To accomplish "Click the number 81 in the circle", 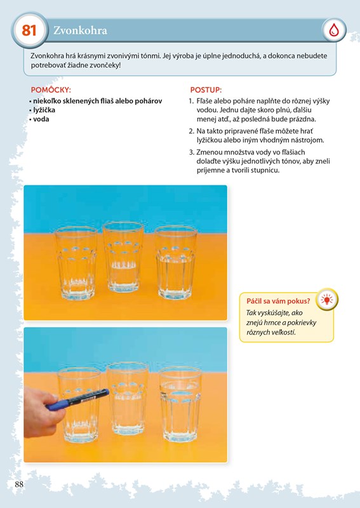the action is pyautogui.click(x=29, y=30).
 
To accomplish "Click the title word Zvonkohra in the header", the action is pyautogui.click(x=81, y=30).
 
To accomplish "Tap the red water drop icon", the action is pyautogui.click(x=334, y=30).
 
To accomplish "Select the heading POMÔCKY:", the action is pyautogui.click(x=51, y=90).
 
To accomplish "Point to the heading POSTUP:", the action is pyautogui.click(x=206, y=90).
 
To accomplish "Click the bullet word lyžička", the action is pyautogui.click(x=44, y=110).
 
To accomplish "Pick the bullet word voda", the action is pyautogui.click(x=41, y=119).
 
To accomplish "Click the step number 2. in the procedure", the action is pyautogui.click(x=191, y=131).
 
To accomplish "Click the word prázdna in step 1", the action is pyautogui.click(x=305, y=119).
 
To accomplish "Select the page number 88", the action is pyautogui.click(x=19, y=484).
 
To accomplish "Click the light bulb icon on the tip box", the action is pyautogui.click(x=326, y=300).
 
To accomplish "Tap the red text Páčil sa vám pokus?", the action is pyautogui.click(x=278, y=301).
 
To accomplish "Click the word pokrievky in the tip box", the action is pyautogui.click(x=302, y=323).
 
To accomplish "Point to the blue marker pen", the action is pyautogui.click(x=77, y=399).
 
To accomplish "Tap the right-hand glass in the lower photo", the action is pyautogui.click(x=180, y=404).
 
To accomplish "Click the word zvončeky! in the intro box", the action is pyautogui.click(x=106, y=65).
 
